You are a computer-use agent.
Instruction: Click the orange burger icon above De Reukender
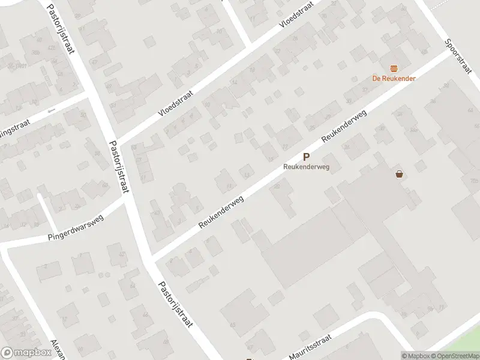pos(394,68)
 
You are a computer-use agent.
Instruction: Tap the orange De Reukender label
pos(394,78)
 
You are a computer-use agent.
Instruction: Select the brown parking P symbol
pos(307,157)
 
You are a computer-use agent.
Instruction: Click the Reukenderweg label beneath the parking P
pos(307,167)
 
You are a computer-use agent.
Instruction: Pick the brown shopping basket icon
pos(400,175)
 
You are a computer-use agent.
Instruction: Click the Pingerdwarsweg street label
pos(76,227)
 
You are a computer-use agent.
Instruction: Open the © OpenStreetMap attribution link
pos(454,356)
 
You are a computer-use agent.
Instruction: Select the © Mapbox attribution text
pos(415,356)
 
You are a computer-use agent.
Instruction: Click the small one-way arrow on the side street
pos(52,110)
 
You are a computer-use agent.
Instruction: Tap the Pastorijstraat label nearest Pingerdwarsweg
pos(119,166)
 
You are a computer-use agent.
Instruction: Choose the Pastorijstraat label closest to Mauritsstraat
pos(175,304)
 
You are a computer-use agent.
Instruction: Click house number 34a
pos(413,129)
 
